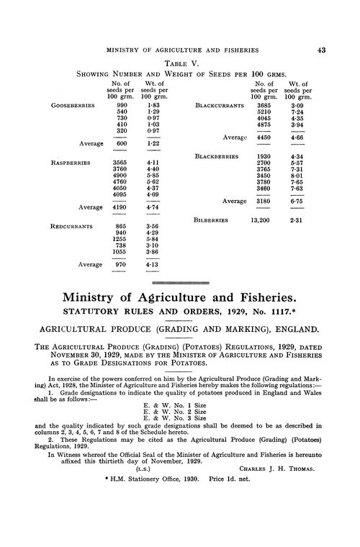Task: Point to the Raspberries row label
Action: [70, 163]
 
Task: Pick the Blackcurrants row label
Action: [220, 105]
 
